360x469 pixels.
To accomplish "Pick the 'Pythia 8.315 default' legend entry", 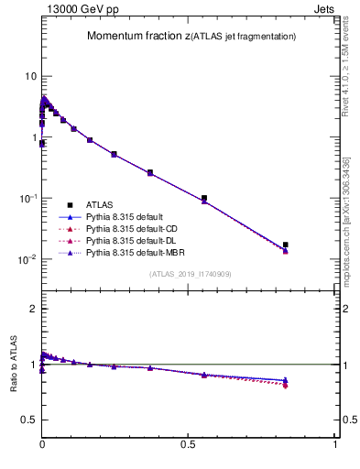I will coord(127,216).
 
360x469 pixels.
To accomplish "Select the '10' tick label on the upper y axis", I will coord(30,76).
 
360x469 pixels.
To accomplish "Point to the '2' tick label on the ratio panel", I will coord(33,309).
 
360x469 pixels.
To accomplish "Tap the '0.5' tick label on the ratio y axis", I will coord(28,420).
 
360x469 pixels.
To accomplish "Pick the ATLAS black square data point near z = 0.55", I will coord(203,198).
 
